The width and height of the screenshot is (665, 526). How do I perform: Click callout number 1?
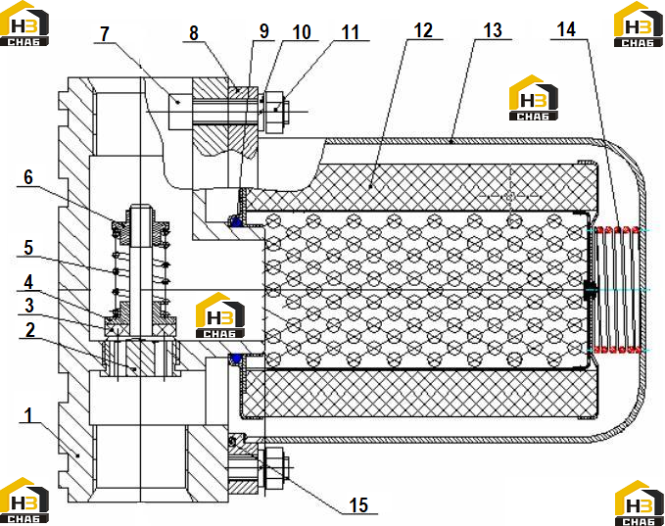[x=28, y=415]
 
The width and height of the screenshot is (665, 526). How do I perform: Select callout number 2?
[x=29, y=330]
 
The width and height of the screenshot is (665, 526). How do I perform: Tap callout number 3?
[x=28, y=306]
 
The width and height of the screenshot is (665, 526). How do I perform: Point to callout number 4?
[x=28, y=282]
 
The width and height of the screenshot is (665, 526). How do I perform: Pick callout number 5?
[x=28, y=248]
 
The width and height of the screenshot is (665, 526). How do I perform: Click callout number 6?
[x=28, y=177]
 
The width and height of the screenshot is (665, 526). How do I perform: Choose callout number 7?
[x=105, y=34]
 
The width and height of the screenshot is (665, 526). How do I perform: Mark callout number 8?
[x=194, y=33]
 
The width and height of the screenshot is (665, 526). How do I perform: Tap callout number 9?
[x=263, y=31]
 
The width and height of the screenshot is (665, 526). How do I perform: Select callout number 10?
[x=302, y=31]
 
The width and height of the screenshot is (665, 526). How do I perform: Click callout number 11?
[x=351, y=31]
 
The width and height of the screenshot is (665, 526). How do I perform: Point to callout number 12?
[x=423, y=30]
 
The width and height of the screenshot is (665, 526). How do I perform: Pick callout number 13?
[x=493, y=30]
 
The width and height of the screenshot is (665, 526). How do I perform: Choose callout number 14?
[x=566, y=29]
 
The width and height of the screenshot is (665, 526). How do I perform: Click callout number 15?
[x=358, y=505]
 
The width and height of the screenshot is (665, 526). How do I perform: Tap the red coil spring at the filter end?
[x=618, y=290]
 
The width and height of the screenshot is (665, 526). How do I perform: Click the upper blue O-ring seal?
[x=236, y=221]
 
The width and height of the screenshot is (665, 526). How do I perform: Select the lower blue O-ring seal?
[x=236, y=359]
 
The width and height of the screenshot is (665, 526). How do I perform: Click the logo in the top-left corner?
[x=24, y=24]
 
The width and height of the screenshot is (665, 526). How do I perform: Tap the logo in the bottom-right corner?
[x=640, y=503]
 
